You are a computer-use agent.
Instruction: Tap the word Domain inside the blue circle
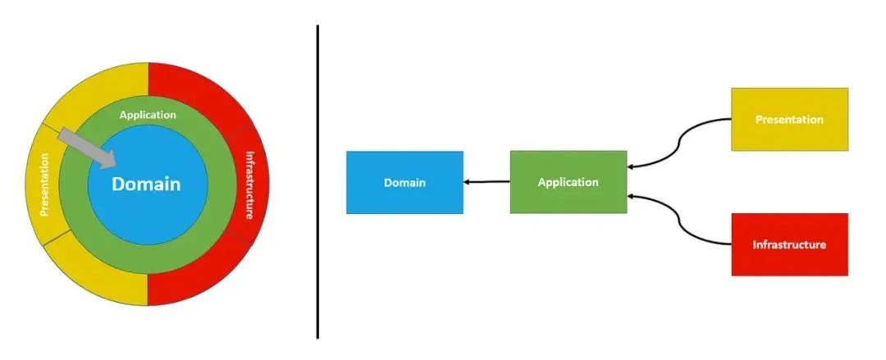(146, 184)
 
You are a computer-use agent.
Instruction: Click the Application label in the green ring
(148, 115)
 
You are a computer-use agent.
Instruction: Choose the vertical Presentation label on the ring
(44, 186)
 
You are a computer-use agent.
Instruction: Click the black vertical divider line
(317, 180)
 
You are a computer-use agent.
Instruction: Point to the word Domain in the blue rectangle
(404, 183)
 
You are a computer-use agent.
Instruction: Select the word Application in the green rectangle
(568, 182)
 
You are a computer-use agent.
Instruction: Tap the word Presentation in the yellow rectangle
(789, 120)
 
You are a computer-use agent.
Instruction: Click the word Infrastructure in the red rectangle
(789, 244)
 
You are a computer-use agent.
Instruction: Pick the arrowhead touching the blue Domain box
(468, 182)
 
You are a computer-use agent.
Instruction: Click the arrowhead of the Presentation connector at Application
(633, 166)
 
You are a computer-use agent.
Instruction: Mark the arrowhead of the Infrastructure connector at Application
(633, 196)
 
